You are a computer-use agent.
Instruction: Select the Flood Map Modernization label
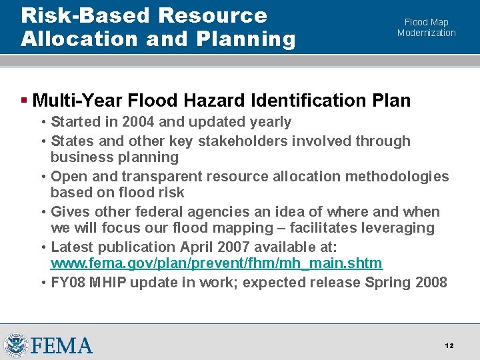pyautogui.click(x=427, y=27)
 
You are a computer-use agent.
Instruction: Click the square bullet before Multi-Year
pyautogui.click(x=24, y=101)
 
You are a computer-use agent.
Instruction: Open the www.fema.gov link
pyautogui.click(x=217, y=263)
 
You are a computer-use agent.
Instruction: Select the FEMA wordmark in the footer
pyautogui.click(x=61, y=345)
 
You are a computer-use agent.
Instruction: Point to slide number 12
pyautogui.click(x=449, y=345)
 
